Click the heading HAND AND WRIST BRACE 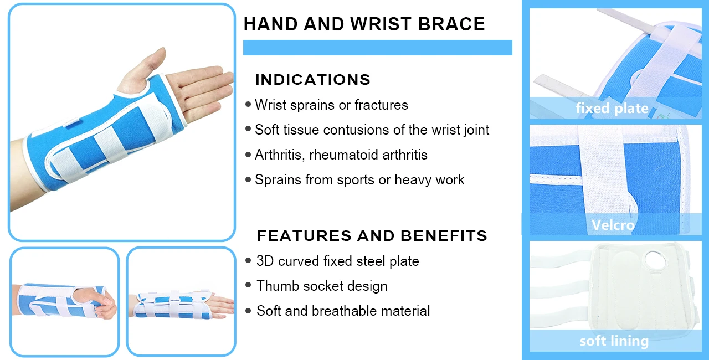coord(364,24)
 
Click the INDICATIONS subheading coord(312,80)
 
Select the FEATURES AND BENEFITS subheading coord(372,236)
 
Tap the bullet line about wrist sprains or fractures coord(331,105)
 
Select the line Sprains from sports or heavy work coord(359,180)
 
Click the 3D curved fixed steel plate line coord(337,261)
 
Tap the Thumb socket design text coord(322,286)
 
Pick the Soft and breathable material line coord(343,311)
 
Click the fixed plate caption coord(612,108)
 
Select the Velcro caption coord(613,225)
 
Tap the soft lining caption coord(614,341)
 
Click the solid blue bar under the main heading coord(377,48)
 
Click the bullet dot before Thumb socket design coord(248,286)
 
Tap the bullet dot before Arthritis coord(248,155)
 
